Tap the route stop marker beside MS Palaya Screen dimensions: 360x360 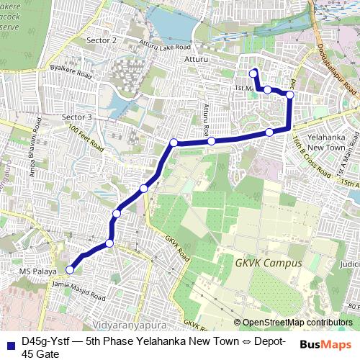[70, 270]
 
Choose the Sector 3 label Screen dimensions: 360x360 [77, 117]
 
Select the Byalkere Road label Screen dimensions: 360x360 [70, 73]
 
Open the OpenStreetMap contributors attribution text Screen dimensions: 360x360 [297, 323]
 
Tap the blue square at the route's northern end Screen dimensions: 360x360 [253, 73]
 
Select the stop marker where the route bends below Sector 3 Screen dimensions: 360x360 [174, 143]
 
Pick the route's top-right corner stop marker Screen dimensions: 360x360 [290, 94]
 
